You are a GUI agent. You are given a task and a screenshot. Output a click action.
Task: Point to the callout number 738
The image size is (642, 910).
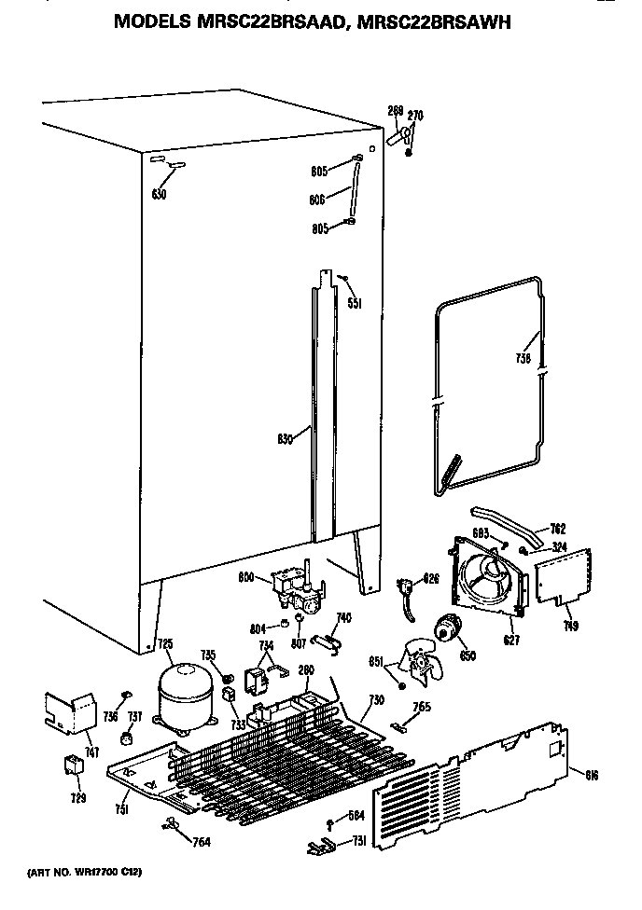523,358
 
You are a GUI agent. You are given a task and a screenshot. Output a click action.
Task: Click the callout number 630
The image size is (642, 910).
159,195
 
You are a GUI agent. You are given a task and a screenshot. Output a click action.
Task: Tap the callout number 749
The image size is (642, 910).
571,627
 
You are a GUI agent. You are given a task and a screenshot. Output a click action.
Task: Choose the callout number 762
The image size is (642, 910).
558,529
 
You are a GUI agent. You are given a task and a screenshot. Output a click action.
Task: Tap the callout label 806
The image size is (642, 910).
320,198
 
